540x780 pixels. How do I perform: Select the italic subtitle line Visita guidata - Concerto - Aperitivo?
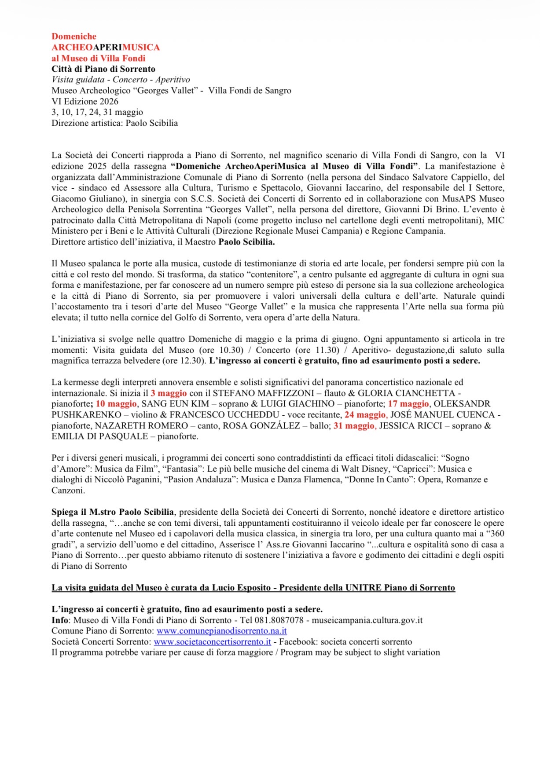(121, 80)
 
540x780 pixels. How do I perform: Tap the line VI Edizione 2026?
(85, 101)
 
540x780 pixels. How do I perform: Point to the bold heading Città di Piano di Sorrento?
(103, 69)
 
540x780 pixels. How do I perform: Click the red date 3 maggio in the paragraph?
(169, 393)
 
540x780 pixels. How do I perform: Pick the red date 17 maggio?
(408, 404)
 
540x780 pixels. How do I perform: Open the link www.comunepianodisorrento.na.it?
(222, 631)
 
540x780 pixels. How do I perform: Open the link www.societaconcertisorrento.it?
(212, 642)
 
